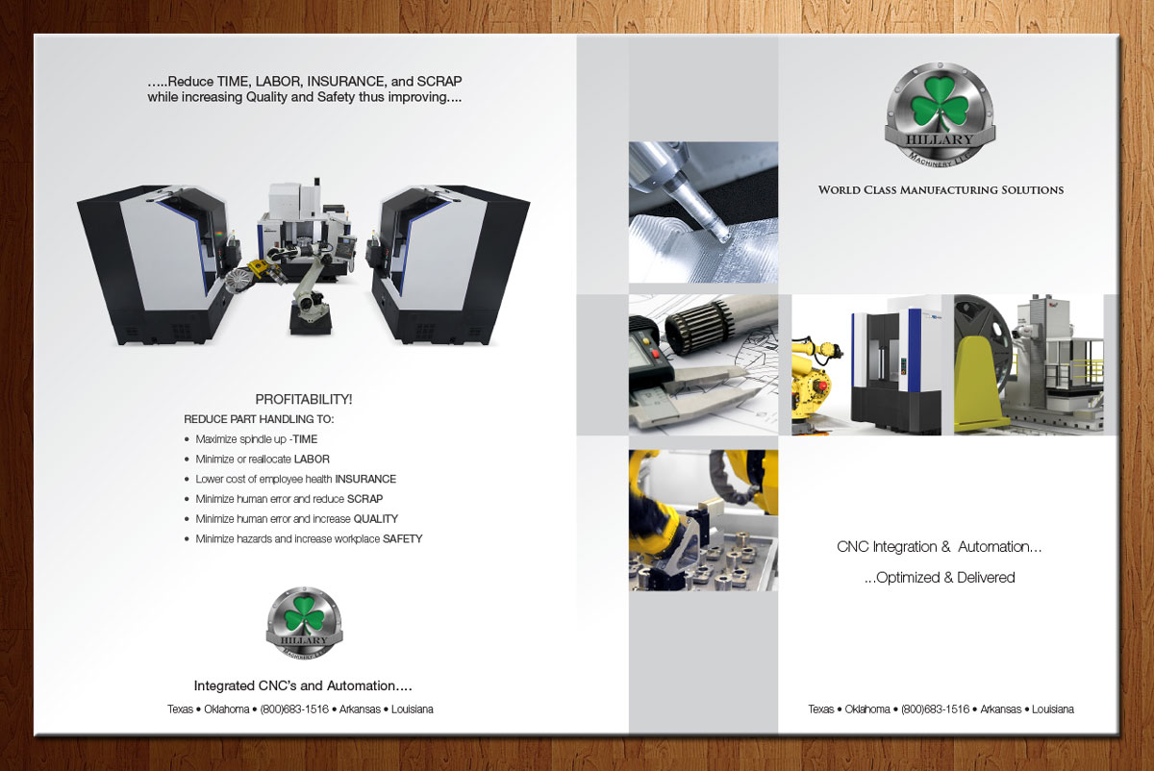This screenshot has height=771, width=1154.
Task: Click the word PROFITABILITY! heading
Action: pyautogui.click(x=304, y=399)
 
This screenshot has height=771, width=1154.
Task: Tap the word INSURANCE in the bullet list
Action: pyautogui.click(x=365, y=479)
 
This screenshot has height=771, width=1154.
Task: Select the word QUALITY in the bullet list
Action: pyautogui.click(x=376, y=518)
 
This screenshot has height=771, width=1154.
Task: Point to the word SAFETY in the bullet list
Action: pyautogui.click(x=402, y=538)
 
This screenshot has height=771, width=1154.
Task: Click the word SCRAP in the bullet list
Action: pyautogui.click(x=364, y=499)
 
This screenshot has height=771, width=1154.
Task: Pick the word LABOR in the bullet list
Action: pyautogui.click(x=312, y=459)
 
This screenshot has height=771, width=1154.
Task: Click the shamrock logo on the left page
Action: pyautogui.click(x=304, y=623)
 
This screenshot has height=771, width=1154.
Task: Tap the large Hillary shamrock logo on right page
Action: pyautogui.click(x=941, y=114)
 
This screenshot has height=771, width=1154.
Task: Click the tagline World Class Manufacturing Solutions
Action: pyautogui.click(x=941, y=190)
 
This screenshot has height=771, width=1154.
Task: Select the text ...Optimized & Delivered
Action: pyautogui.click(x=940, y=578)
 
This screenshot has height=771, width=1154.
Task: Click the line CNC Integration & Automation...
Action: pyautogui.click(x=939, y=546)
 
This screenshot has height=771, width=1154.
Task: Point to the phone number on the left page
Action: pyautogui.click(x=294, y=709)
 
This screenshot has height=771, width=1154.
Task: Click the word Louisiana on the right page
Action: pyautogui.click(x=1053, y=709)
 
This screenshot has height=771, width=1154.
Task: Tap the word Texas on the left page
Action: pyautogui.click(x=181, y=709)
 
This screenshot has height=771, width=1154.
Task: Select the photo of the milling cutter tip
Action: pyautogui.click(x=703, y=212)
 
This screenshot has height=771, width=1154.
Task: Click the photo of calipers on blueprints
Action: pyautogui.click(x=703, y=364)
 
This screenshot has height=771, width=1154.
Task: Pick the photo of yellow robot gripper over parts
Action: pyautogui.click(x=703, y=520)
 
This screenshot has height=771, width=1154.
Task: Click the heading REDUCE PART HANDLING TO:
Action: pyautogui.click(x=259, y=419)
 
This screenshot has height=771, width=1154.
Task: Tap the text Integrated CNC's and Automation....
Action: pyautogui.click(x=303, y=685)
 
